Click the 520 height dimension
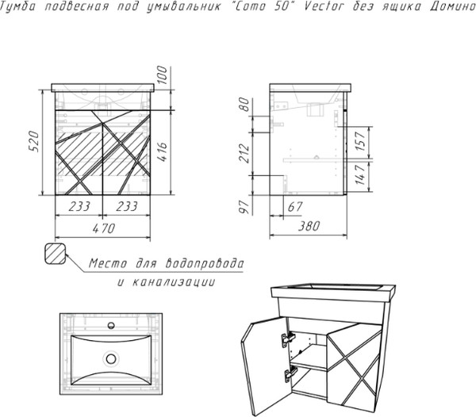coord(33,142)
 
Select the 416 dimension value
coord(162,151)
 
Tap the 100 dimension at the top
coord(162,75)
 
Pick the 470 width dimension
coord(104,228)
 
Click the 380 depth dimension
coord(309,226)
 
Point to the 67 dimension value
coord(295,207)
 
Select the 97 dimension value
coord(244,207)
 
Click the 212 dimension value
coord(244,154)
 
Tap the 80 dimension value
coord(244,105)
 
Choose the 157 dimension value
coord(360,141)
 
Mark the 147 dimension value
coord(360,174)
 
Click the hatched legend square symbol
coord(55,254)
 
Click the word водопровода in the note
coord(205,263)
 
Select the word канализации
coord(174,282)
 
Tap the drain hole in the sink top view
coord(111,359)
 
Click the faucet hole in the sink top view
coord(111,325)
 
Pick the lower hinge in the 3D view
coord(290,374)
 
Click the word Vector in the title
coord(324,6)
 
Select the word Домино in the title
coord(453,6)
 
